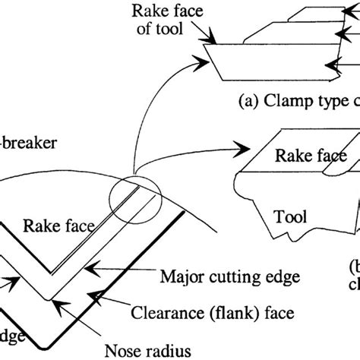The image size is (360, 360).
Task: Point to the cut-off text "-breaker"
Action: click(x=24, y=141)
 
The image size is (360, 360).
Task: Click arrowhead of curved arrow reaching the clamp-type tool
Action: click(x=205, y=52)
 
